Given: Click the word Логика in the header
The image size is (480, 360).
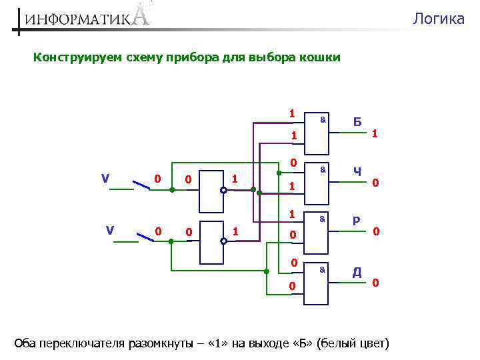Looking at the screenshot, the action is [x=438, y=19].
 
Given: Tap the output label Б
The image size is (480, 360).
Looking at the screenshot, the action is [x=357, y=122].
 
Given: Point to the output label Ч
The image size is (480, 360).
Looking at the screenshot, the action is [x=357, y=171].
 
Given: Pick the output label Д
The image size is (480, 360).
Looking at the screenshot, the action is [x=357, y=271].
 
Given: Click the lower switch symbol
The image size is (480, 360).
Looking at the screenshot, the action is [x=145, y=235].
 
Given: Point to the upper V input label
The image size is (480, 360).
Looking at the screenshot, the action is [x=105, y=178].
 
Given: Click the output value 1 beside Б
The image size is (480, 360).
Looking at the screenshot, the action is [x=375, y=134].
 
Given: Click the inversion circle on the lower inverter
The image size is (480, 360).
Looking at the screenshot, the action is [x=224, y=241].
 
